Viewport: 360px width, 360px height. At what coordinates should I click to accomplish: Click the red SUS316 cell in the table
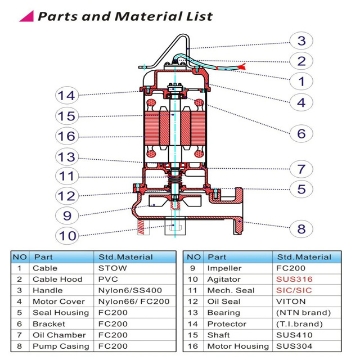pos(300,279)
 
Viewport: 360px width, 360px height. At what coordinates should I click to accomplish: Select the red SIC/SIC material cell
pos(301,291)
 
